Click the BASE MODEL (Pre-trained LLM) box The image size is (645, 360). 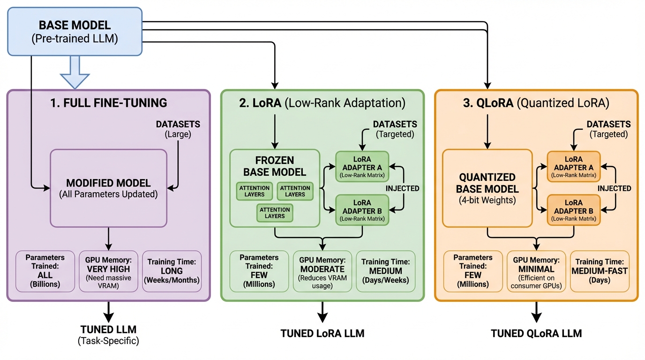tap(75, 31)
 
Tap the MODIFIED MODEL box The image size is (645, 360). tap(108, 188)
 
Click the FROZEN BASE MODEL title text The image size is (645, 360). tap(275, 166)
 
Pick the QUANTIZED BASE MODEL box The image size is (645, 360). tap(488, 188)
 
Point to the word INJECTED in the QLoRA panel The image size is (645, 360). tap(614, 188)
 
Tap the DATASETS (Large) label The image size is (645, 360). tap(178, 129)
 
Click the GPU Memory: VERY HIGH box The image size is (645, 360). tap(108, 271)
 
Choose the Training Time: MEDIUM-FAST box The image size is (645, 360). tap(600, 271)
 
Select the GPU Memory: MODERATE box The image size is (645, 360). tap(322, 271)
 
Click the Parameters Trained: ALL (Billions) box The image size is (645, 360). tap(45, 271)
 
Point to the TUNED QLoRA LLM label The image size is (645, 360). tap(536, 334)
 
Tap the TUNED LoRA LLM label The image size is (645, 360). tap(322, 334)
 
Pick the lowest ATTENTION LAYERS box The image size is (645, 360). tap(275, 212)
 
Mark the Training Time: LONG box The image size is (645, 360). tap(172, 271)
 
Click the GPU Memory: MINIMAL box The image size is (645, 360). tap(536, 271)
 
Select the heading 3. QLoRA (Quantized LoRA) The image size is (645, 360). tap(536, 103)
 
